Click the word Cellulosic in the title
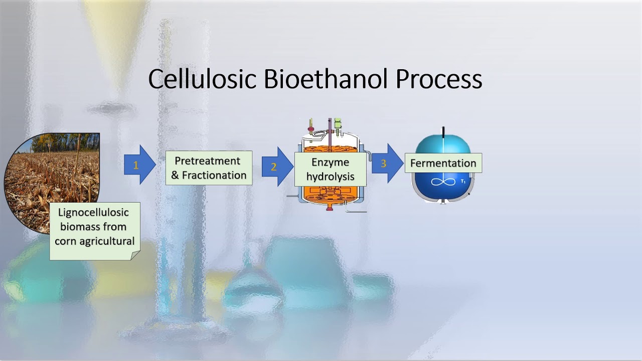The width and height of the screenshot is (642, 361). [202, 79]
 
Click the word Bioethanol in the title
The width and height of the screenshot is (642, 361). [326, 79]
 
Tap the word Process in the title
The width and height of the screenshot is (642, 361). [439, 79]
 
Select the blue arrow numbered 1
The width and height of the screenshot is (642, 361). [140, 165]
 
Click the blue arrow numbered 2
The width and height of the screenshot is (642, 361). [277, 166]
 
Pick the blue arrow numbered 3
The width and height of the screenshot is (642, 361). [388, 163]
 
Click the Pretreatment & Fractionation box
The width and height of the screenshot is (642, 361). [209, 168]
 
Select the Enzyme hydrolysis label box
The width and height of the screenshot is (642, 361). [330, 169]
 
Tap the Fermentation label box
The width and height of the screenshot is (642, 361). [443, 163]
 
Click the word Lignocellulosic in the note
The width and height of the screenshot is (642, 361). [93, 213]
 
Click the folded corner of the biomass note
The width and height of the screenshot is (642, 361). [135, 256]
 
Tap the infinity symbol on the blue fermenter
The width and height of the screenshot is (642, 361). [443, 182]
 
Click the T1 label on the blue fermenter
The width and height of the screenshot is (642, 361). [463, 182]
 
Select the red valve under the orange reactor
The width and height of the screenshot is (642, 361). [330, 209]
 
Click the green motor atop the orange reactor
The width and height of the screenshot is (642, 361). [338, 123]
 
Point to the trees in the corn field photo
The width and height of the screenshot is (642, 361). [65, 143]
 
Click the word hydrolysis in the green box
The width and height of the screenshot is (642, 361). [330, 177]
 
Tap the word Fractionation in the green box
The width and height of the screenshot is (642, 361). [214, 175]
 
